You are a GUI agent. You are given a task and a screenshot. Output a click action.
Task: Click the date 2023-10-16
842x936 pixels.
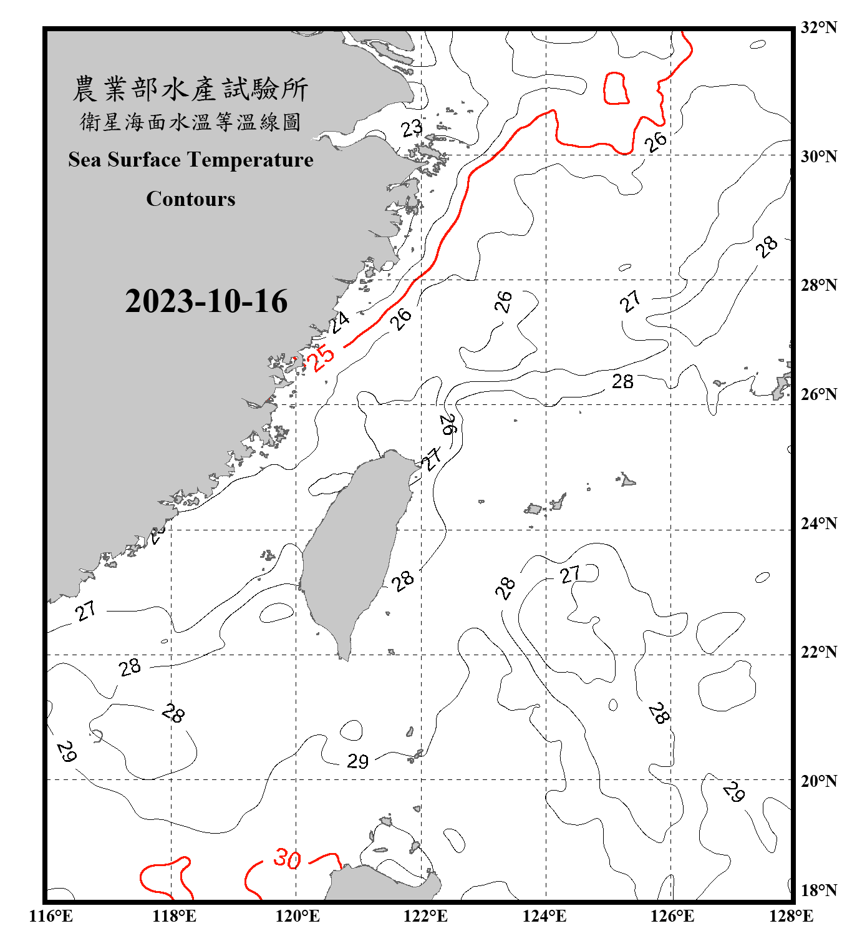206,301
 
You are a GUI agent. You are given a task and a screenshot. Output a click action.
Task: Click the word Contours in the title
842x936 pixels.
191,199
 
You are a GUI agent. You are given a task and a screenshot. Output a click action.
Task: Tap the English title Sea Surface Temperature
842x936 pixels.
191,160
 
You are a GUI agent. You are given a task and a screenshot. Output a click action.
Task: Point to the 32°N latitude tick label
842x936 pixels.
818,27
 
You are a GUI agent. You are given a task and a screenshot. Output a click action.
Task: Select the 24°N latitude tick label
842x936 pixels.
818,524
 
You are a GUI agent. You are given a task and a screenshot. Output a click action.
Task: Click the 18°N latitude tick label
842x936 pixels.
818,890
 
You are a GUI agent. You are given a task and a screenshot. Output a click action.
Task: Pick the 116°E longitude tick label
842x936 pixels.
51,916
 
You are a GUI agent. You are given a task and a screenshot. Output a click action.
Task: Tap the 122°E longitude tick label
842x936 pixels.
425,916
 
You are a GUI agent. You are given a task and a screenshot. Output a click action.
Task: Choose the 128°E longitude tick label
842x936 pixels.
791,916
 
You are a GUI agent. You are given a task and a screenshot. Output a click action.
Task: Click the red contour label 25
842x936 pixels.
322,358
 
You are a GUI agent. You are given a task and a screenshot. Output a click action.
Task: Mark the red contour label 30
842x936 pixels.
287,859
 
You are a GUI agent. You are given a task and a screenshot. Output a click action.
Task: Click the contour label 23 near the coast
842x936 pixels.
412,129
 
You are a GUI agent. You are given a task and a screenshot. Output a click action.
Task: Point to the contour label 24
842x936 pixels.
340,322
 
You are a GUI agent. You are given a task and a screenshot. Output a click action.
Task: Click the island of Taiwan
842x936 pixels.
356,549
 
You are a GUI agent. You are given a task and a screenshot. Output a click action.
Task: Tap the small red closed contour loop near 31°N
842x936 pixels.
616,88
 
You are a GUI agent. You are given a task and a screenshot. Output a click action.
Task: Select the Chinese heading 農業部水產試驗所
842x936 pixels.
190,89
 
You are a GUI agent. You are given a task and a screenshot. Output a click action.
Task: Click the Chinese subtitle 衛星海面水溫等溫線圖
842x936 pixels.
190,122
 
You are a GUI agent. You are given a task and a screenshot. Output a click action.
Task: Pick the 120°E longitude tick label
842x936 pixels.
298,916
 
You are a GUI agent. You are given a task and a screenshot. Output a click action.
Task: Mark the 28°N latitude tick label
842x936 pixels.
818,285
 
